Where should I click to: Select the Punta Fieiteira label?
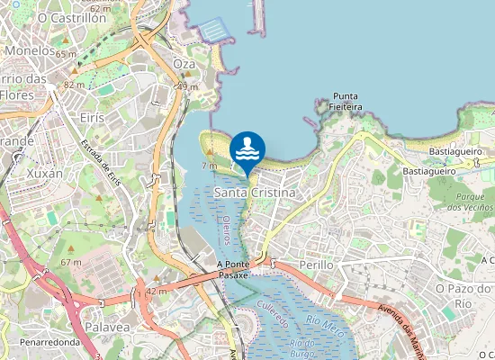(346, 101)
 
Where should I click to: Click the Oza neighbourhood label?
(184, 64)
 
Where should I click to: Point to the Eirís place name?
(92, 118)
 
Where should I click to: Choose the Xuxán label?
(45, 172)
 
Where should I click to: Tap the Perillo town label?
(315, 265)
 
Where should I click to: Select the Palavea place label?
(108, 328)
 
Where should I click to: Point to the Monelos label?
(30, 51)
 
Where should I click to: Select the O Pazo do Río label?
(464, 295)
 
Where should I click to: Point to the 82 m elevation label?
(74, 84)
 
